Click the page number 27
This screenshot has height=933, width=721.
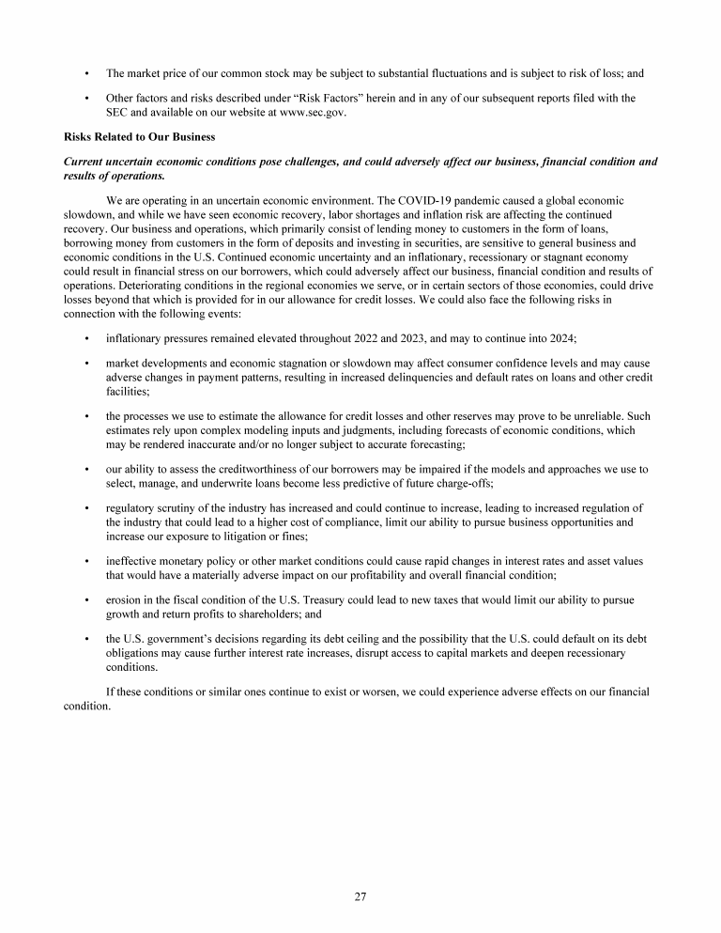pos(360,897)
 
